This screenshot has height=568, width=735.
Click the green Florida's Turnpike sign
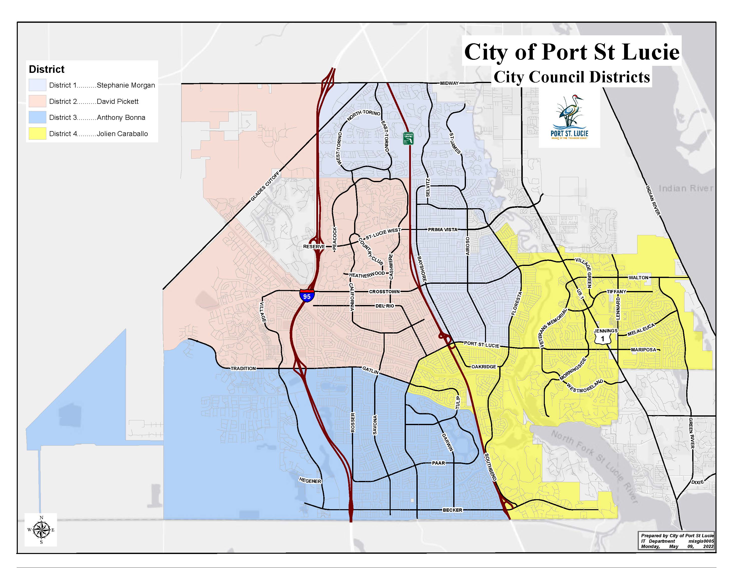(x=408, y=139)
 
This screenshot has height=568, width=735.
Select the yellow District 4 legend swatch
(x=37, y=134)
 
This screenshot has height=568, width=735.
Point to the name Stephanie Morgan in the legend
(x=126, y=85)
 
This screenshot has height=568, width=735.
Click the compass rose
(x=41, y=530)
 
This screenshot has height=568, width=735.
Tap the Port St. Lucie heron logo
(x=569, y=118)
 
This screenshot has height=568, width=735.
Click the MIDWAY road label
(x=449, y=83)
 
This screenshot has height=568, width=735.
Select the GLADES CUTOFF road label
(x=265, y=186)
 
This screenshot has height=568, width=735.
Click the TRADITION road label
(x=243, y=369)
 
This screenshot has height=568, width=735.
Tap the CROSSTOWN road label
(x=384, y=292)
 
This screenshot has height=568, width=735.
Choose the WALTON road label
(x=638, y=277)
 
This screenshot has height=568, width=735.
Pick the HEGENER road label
(x=310, y=481)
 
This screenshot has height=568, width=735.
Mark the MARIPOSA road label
(x=643, y=350)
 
